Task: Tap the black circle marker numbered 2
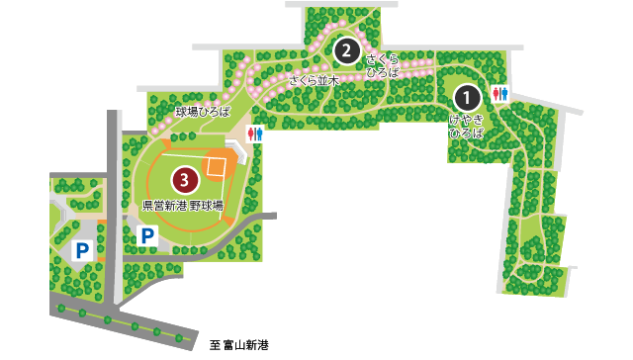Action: pyautogui.click(x=345, y=48)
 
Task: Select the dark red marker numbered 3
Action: pyautogui.click(x=184, y=180)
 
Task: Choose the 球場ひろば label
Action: pyautogui.click(x=202, y=112)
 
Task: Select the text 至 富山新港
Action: pyautogui.click(x=239, y=346)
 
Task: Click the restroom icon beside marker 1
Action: pyautogui.click(x=499, y=95)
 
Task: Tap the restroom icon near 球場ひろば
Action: pyautogui.click(x=255, y=135)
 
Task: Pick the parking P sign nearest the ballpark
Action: pyautogui.click(x=146, y=236)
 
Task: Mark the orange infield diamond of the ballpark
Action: pyautogui.click(x=215, y=164)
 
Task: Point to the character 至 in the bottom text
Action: pyautogui.click(x=215, y=346)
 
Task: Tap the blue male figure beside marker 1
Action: pyautogui.click(x=504, y=95)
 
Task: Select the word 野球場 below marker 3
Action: pyautogui.click(x=206, y=206)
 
